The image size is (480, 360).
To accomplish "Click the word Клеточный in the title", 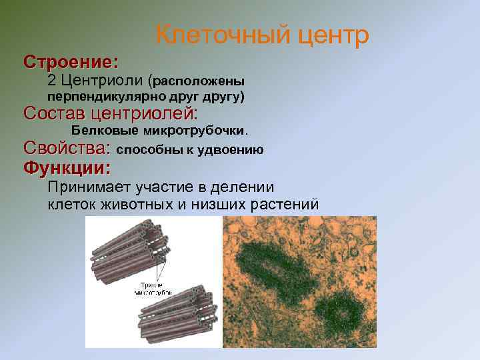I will pos(211,35).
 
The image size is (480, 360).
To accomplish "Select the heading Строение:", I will pos(71,62).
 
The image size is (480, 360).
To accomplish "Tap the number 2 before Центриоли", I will pos(52,81).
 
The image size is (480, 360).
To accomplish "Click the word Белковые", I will pos(104,129).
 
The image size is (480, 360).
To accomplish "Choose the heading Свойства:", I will pos(67,148).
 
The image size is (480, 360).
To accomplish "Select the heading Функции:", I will pos(67,167).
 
